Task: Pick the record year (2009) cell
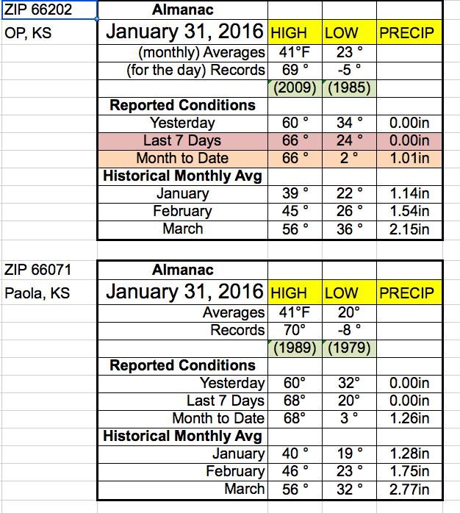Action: click(x=295, y=88)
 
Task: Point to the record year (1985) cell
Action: click(x=349, y=88)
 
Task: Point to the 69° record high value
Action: click(x=295, y=71)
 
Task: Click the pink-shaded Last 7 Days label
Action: click(x=182, y=140)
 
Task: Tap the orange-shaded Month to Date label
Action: click(x=182, y=158)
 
